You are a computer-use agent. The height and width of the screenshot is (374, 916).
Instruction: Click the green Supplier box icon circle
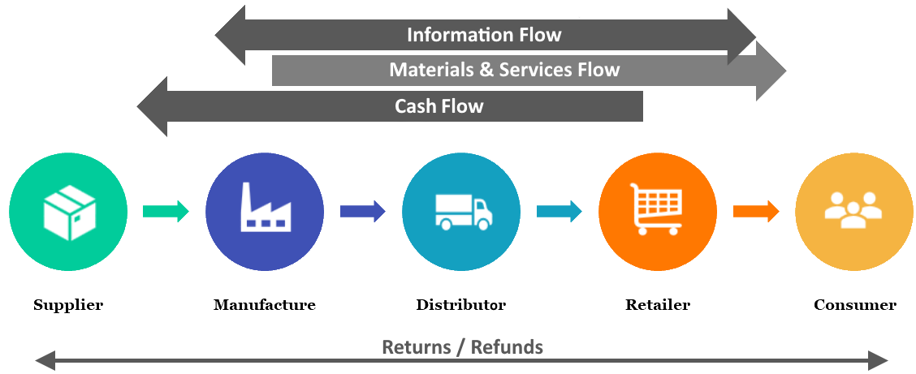(x=68, y=212)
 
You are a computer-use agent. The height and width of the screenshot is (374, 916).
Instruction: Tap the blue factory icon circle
(x=265, y=212)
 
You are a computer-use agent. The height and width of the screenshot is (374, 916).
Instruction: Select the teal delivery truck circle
(x=461, y=212)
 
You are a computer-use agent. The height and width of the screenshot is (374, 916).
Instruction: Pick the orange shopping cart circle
(x=658, y=212)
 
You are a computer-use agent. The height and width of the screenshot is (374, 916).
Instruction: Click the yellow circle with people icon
(x=853, y=212)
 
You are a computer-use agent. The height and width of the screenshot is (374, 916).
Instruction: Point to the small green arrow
(x=166, y=212)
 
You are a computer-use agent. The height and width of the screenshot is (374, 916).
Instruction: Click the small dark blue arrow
(x=362, y=212)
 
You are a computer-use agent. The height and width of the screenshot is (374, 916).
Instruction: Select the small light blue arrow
(x=559, y=212)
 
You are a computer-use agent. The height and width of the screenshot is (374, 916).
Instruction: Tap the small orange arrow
(x=756, y=212)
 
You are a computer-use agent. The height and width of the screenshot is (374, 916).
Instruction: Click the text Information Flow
(x=484, y=35)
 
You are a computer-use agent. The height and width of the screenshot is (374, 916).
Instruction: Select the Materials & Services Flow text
(x=504, y=70)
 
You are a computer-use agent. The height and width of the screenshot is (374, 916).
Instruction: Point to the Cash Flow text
(x=439, y=106)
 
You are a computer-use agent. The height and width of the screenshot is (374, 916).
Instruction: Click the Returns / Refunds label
(x=462, y=348)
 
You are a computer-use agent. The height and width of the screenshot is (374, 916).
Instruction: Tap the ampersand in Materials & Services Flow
(x=486, y=70)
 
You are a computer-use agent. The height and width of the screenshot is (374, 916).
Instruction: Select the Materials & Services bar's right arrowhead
(x=771, y=71)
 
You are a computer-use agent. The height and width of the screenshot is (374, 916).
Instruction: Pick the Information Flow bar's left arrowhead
(x=231, y=36)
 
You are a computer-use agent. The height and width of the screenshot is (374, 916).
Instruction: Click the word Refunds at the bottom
(x=508, y=348)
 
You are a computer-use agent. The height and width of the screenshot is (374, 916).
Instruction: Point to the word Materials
(x=432, y=70)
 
